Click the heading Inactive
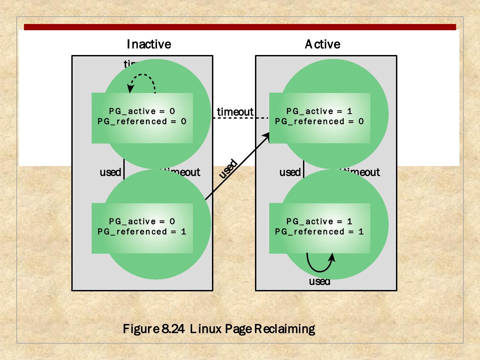click(x=149, y=44)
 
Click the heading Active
click(x=322, y=44)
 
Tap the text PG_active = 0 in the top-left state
click(x=142, y=111)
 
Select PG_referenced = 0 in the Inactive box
click(x=142, y=121)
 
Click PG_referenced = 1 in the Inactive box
click(x=142, y=232)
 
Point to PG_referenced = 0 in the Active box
click(x=319, y=121)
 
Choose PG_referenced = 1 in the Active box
click(x=319, y=232)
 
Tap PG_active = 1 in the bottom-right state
click(x=319, y=221)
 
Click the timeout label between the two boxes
click(x=235, y=112)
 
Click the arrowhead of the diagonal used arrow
click(x=267, y=135)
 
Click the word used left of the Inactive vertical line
click(x=110, y=172)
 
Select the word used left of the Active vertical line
click(x=290, y=172)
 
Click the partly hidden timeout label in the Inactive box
click(x=182, y=172)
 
